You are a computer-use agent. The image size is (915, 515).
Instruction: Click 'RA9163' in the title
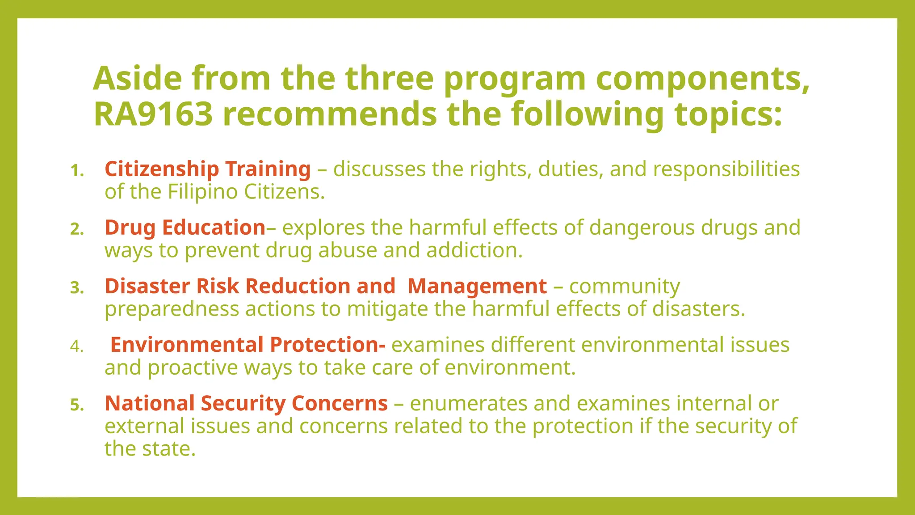153,114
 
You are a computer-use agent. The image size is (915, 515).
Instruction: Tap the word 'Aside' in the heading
138,78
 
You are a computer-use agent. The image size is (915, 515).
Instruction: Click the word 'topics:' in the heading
728,114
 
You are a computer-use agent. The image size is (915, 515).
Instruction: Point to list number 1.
77,170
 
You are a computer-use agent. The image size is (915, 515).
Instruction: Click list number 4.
77,346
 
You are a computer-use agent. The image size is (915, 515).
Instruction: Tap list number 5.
77,405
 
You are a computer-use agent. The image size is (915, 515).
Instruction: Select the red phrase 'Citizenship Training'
207,169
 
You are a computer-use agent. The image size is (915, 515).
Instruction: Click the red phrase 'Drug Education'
185,228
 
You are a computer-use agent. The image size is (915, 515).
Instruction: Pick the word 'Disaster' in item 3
147,286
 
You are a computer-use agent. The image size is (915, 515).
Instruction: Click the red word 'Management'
477,286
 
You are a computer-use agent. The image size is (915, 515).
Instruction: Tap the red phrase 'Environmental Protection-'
248,345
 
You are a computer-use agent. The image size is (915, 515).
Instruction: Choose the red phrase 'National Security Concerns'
246,403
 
